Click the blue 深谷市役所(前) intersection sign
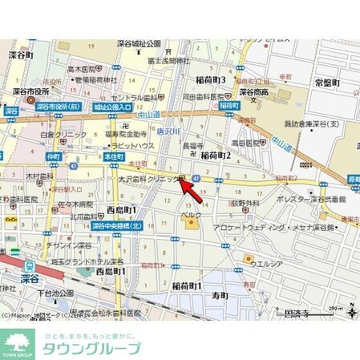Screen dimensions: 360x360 [x=59, y=105]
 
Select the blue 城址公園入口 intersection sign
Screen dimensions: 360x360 [x=111, y=107]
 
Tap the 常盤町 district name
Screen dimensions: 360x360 [x=328, y=83]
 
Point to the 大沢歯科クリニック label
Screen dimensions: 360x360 [x=148, y=180]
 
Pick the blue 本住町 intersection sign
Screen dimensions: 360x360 [x=113, y=158]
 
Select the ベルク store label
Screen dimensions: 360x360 [x=190, y=216]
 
